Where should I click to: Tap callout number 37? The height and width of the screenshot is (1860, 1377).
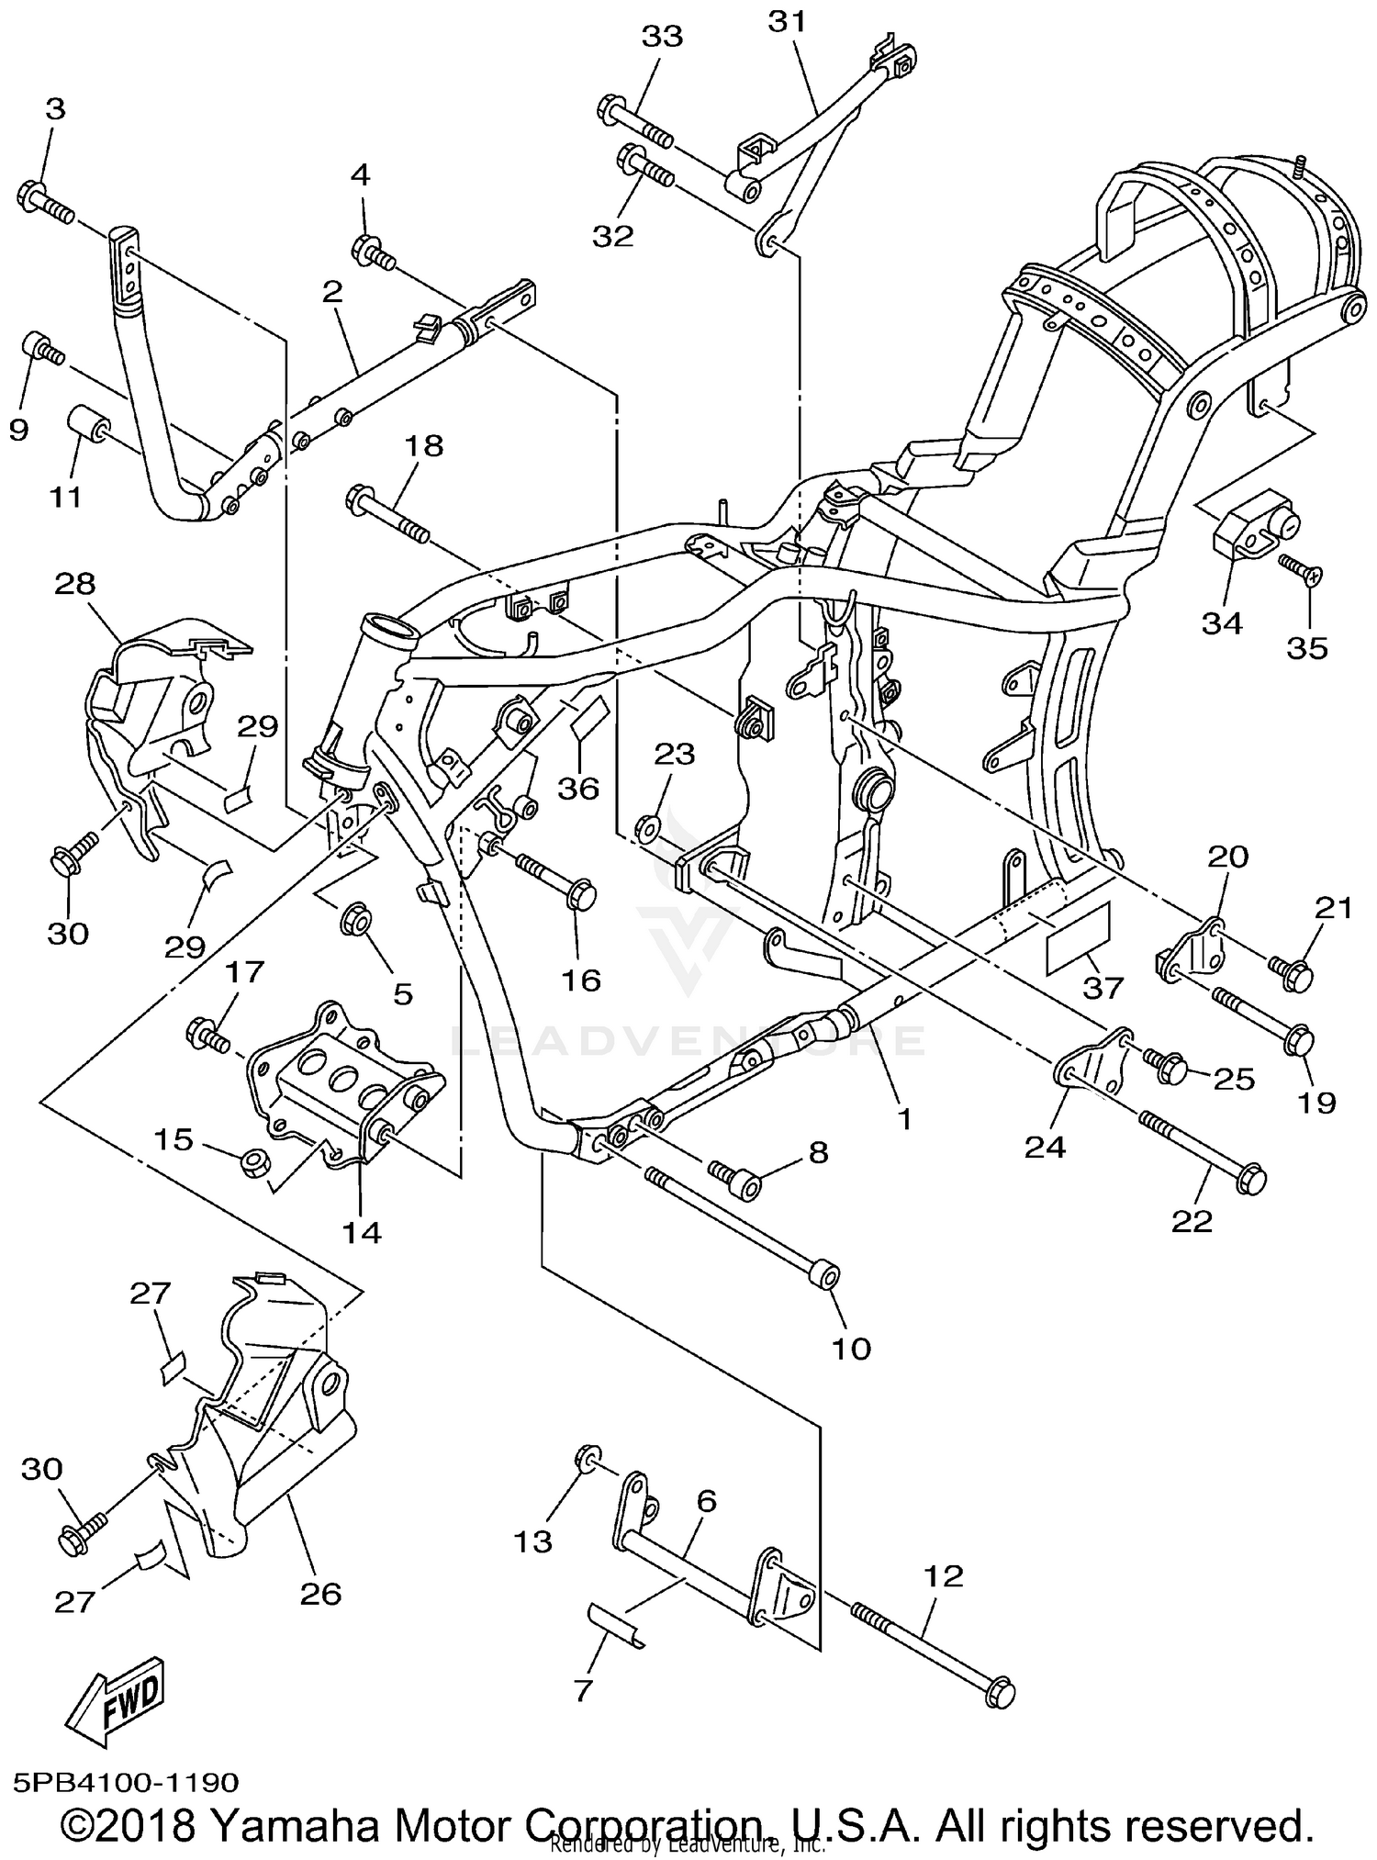click(x=1103, y=987)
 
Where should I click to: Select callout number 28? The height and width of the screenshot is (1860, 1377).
click(x=75, y=583)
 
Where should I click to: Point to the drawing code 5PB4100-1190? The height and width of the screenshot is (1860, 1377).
click(x=127, y=1782)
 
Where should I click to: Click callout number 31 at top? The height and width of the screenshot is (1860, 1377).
click(x=787, y=22)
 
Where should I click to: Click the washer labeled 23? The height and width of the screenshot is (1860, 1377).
click(x=646, y=827)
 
